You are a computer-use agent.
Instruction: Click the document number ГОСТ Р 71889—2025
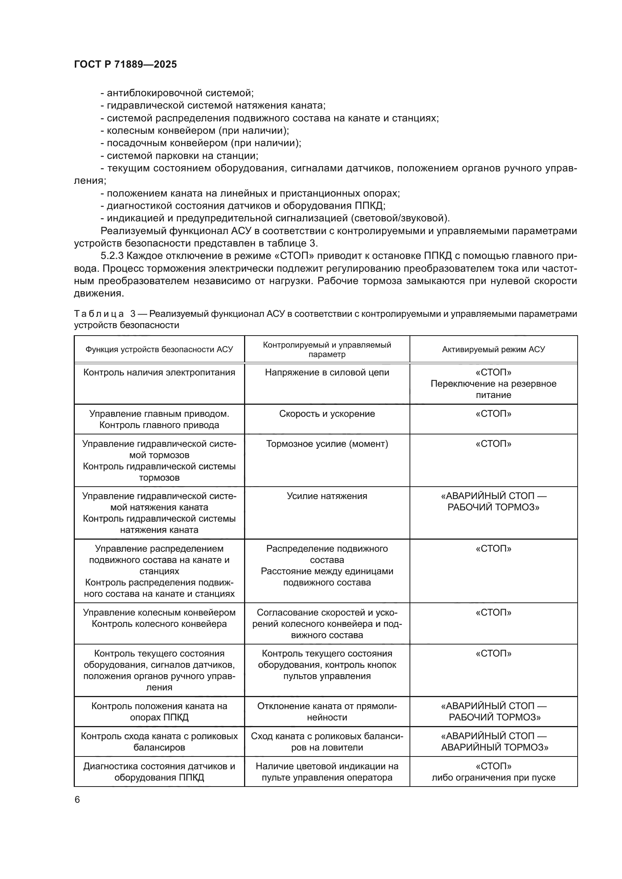(125, 64)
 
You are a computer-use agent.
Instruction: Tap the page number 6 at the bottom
(77, 799)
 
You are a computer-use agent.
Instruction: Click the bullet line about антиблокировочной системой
(177, 93)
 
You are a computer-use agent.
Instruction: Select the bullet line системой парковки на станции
(179, 156)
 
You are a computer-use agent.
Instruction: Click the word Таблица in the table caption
(99, 314)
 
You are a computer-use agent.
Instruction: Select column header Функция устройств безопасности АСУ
(159, 349)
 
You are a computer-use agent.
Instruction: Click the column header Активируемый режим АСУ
(493, 349)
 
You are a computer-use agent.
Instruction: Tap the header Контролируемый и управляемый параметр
(327, 349)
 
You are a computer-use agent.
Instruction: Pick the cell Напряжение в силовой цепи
(327, 372)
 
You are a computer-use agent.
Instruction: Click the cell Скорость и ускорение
(327, 414)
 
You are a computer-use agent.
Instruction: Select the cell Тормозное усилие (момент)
(327, 444)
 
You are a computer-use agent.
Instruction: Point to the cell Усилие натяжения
(327, 496)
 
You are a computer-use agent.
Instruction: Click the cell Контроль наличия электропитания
(159, 372)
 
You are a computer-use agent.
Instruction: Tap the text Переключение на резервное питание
(493, 389)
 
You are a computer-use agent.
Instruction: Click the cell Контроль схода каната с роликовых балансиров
(159, 741)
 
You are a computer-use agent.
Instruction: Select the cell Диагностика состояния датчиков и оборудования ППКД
(159, 772)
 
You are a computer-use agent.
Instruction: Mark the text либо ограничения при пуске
(493, 778)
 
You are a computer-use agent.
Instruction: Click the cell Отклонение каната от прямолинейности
(327, 711)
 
